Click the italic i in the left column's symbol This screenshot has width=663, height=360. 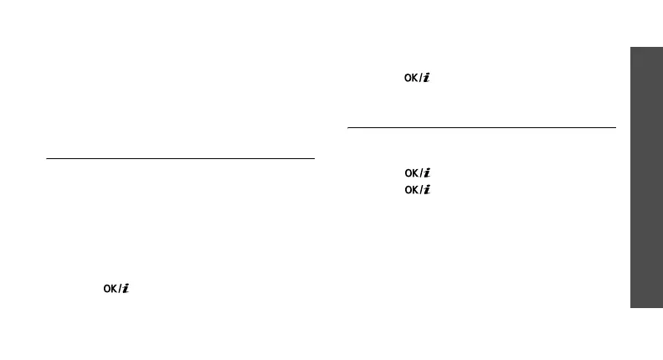[126, 289]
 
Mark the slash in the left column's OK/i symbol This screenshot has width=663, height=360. [120, 289]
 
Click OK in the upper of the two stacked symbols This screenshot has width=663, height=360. [412, 173]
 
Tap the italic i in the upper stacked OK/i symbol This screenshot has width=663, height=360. [426, 173]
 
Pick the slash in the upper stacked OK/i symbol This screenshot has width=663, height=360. [420, 173]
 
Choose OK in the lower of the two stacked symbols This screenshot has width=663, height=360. [412, 190]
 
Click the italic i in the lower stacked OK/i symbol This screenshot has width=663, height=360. [426, 190]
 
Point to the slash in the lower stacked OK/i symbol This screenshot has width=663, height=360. [420, 190]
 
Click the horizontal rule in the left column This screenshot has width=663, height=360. [180, 157]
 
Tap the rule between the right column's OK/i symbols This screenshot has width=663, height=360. [481, 128]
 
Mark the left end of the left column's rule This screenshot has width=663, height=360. [48, 157]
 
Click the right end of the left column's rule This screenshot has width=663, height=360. [313, 157]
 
